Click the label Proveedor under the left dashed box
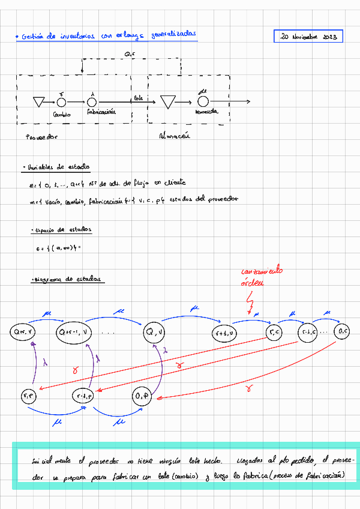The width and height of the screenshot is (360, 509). pyautogui.click(x=41, y=136)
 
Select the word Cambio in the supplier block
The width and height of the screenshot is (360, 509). pyautogui.click(x=61, y=114)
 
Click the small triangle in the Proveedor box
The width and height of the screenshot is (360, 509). pyautogui.click(x=40, y=102)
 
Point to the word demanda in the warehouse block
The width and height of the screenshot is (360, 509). pyautogui.click(x=206, y=112)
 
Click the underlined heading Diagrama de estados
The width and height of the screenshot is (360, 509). pyautogui.click(x=68, y=279)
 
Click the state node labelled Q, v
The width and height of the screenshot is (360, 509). pyautogui.click(x=158, y=332)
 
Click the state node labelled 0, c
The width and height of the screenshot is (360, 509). pyautogui.click(x=343, y=331)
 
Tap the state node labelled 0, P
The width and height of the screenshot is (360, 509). pyautogui.click(x=142, y=396)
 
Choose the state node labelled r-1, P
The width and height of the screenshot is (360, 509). pyautogui.click(x=83, y=396)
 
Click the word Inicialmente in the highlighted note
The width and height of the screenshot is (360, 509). pyautogui.click(x=52, y=462)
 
